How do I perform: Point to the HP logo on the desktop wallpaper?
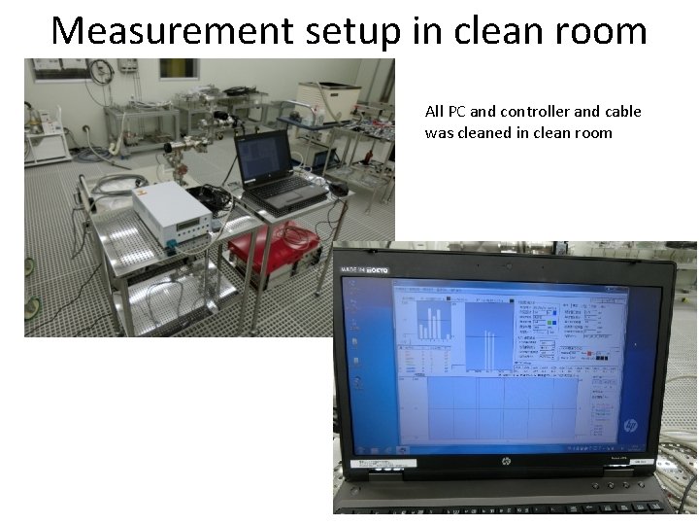tap(629, 426)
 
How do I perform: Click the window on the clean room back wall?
tap(179, 68)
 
